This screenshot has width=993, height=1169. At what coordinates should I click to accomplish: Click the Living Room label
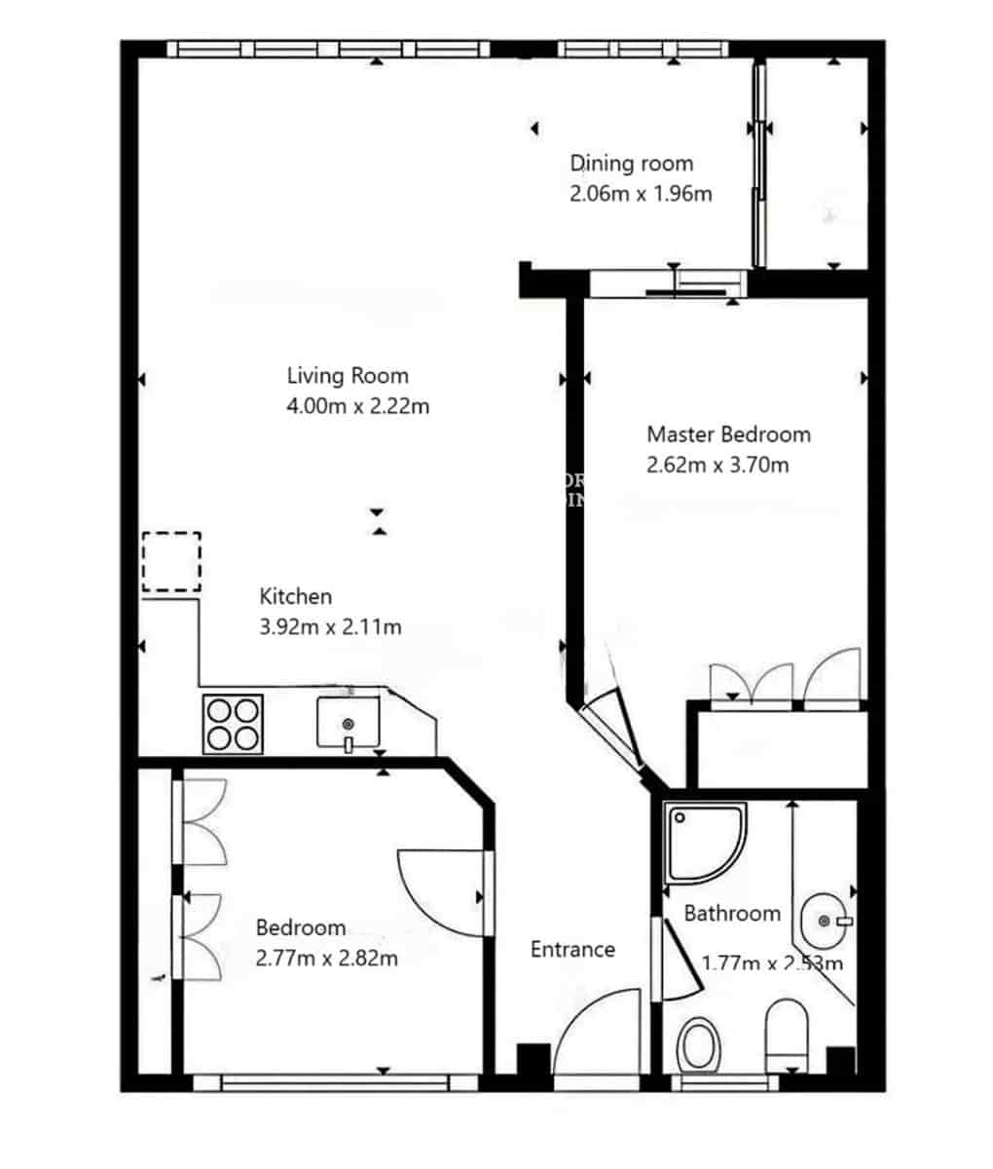pyautogui.click(x=348, y=376)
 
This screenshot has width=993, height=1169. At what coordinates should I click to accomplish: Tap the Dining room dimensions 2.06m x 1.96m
pyautogui.click(x=641, y=194)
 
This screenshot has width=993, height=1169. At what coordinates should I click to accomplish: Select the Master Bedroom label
pyautogui.click(x=728, y=434)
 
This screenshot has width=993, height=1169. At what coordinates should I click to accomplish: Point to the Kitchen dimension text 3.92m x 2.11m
pyautogui.click(x=330, y=627)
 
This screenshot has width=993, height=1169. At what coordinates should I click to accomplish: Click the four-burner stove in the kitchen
pyautogui.click(x=233, y=723)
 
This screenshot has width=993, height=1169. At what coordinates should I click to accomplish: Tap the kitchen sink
pyautogui.click(x=348, y=723)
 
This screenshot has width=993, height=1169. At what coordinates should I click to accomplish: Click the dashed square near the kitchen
pyautogui.click(x=171, y=562)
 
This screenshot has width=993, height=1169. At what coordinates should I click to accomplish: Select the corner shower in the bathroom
pyautogui.click(x=704, y=841)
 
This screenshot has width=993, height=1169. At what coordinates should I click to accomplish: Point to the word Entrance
pyautogui.click(x=572, y=949)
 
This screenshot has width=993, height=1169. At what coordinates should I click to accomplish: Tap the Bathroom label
pyautogui.click(x=732, y=914)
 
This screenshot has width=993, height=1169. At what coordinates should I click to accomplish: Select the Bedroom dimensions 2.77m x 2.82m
pyautogui.click(x=326, y=959)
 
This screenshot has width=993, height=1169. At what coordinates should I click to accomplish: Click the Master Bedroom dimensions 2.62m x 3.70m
pyautogui.click(x=717, y=466)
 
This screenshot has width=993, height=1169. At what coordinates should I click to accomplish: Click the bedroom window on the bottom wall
pyautogui.click(x=335, y=1082)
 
